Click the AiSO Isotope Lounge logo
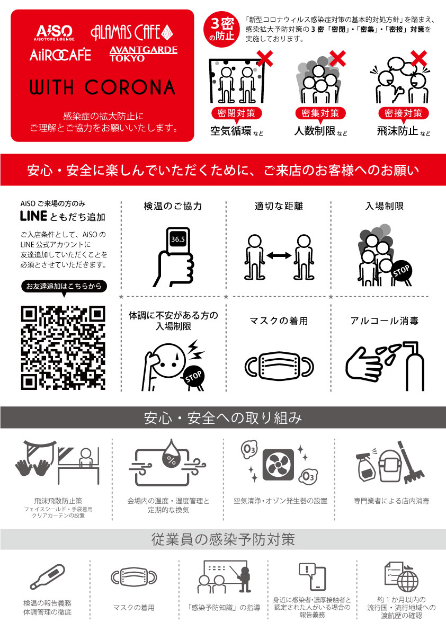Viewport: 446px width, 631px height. [55, 32]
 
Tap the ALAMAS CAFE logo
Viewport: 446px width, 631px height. [131, 32]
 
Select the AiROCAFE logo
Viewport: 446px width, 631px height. [60, 54]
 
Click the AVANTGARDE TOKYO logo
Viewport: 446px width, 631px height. [143, 54]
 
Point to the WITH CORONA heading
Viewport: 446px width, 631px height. [102, 86]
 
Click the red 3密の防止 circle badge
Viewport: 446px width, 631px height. [222, 30]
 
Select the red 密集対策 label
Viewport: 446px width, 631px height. [320, 113]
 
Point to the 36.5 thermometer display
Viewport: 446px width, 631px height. [178, 239]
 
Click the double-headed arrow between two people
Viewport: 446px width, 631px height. [279, 255]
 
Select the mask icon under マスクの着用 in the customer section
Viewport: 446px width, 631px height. [279, 365]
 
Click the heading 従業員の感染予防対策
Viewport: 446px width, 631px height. [222, 539]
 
